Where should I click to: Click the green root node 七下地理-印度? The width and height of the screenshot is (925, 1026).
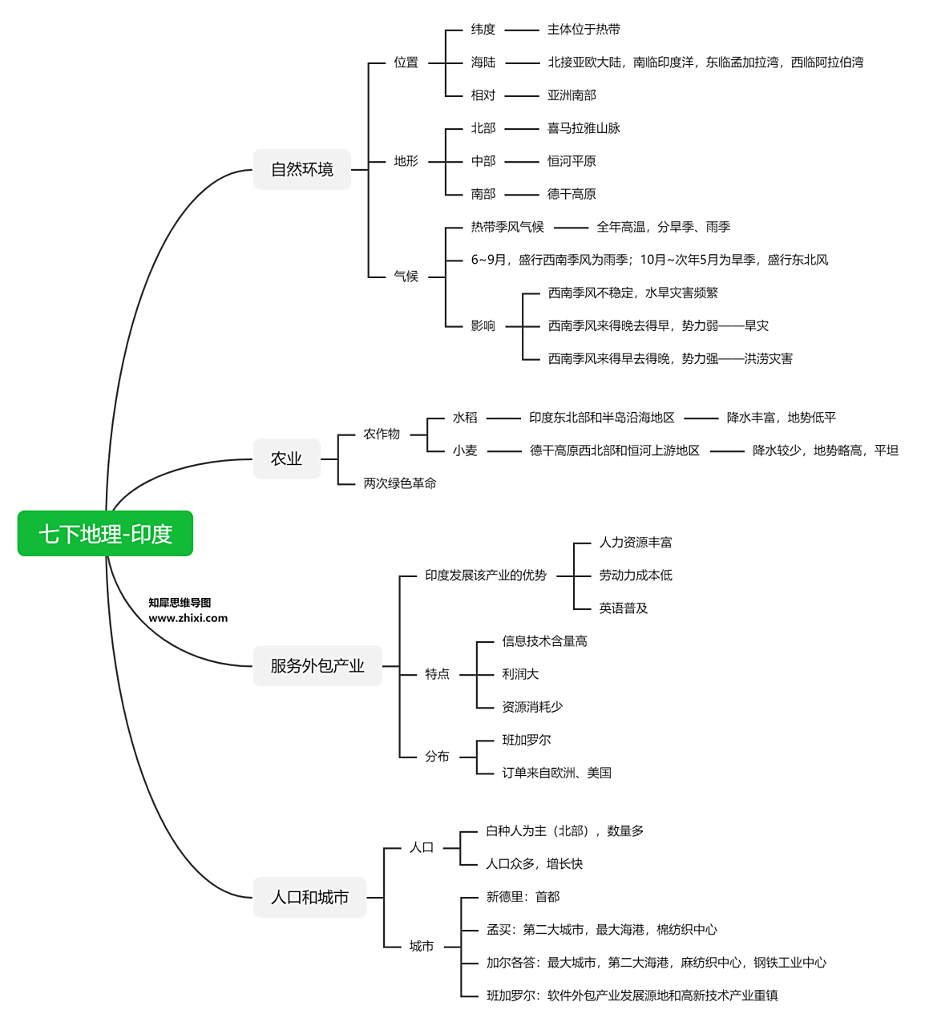click(105, 534)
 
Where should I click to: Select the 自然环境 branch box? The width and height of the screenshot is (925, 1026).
click(302, 169)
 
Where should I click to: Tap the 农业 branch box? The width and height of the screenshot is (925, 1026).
click(286, 458)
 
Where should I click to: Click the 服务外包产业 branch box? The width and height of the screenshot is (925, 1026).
click(317, 665)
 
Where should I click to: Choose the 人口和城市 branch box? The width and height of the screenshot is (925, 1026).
click(309, 897)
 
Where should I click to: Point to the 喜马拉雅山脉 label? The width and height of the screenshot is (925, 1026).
click(584, 128)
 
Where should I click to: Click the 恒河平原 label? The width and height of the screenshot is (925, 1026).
click(572, 161)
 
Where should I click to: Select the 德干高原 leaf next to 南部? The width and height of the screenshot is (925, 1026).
click(572, 194)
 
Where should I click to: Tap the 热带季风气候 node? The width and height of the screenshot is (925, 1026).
click(507, 227)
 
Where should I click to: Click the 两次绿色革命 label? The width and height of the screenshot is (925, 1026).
click(400, 483)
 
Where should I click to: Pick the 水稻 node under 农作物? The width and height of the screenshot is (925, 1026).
click(465, 418)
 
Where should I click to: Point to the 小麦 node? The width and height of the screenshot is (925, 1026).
click(465, 450)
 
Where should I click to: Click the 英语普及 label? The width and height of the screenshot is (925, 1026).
click(624, 608)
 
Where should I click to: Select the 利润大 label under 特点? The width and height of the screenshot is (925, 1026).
click(520, 674)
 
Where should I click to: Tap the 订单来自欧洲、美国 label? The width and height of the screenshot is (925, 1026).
click(557, 773)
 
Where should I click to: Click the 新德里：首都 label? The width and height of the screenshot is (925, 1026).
click(523, 897)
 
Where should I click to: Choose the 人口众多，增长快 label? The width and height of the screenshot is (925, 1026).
click(535, 864)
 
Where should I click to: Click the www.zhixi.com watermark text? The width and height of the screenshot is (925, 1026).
click(188, 618)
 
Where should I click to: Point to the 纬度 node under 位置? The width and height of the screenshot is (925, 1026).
click(483, 30)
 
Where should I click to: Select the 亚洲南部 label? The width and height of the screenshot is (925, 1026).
click(572, 95)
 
